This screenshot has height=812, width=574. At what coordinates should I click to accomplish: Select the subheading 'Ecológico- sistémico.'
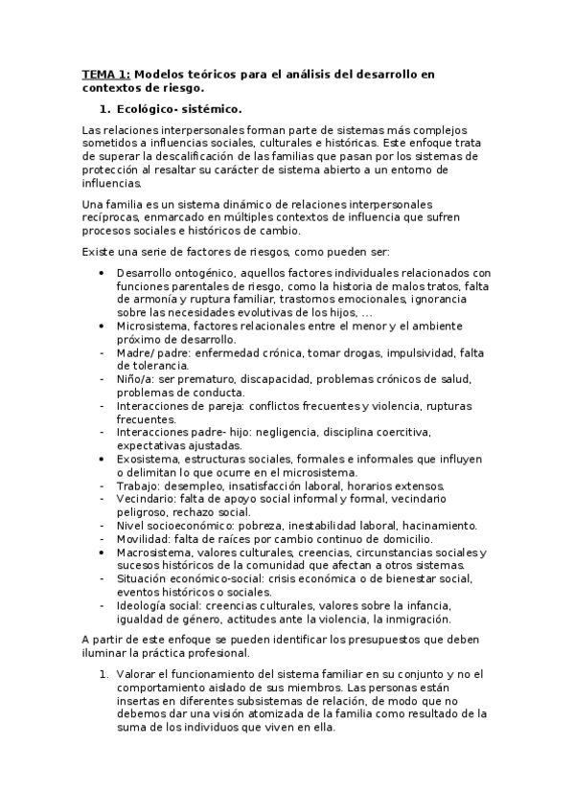pos(178,108)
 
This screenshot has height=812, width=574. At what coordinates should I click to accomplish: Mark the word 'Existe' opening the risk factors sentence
pos(98,250)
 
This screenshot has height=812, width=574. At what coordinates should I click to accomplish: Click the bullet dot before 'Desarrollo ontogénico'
pos(103,273)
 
